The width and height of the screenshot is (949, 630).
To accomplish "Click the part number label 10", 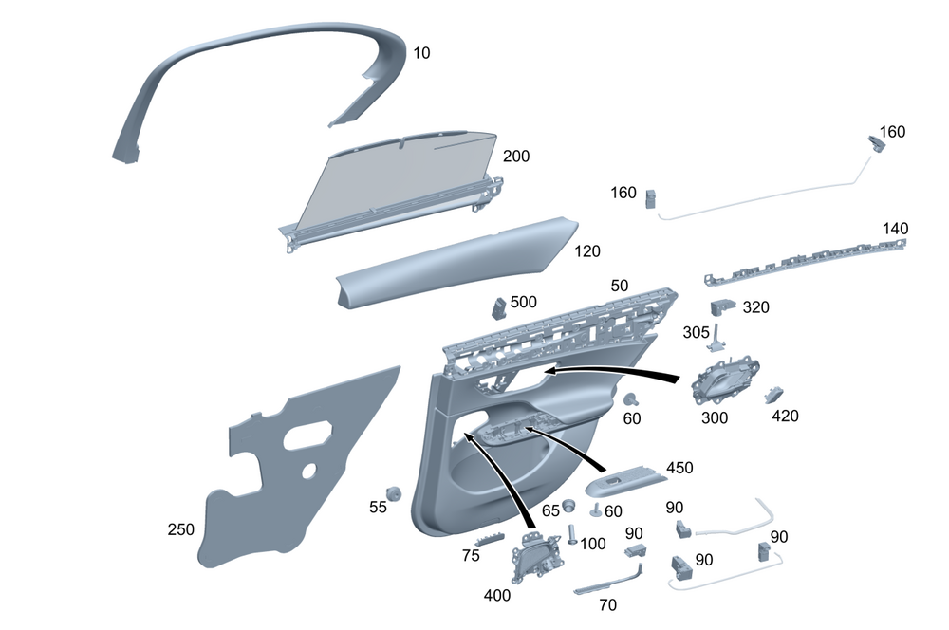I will tap(421, 53).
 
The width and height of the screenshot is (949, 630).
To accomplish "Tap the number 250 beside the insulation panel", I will tap(181, 528).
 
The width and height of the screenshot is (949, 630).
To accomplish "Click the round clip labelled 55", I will tap(395, 493).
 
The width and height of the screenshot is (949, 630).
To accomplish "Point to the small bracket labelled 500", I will tap(497, 307).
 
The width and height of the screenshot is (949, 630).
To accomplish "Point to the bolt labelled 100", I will tap(572, 532).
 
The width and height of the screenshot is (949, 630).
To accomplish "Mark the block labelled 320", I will tap(723, 306).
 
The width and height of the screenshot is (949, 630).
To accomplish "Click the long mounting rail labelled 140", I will tap(807, 260).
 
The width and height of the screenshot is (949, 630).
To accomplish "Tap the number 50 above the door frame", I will tap(620, 286).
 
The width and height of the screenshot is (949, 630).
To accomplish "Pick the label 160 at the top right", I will tap(893, 132).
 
